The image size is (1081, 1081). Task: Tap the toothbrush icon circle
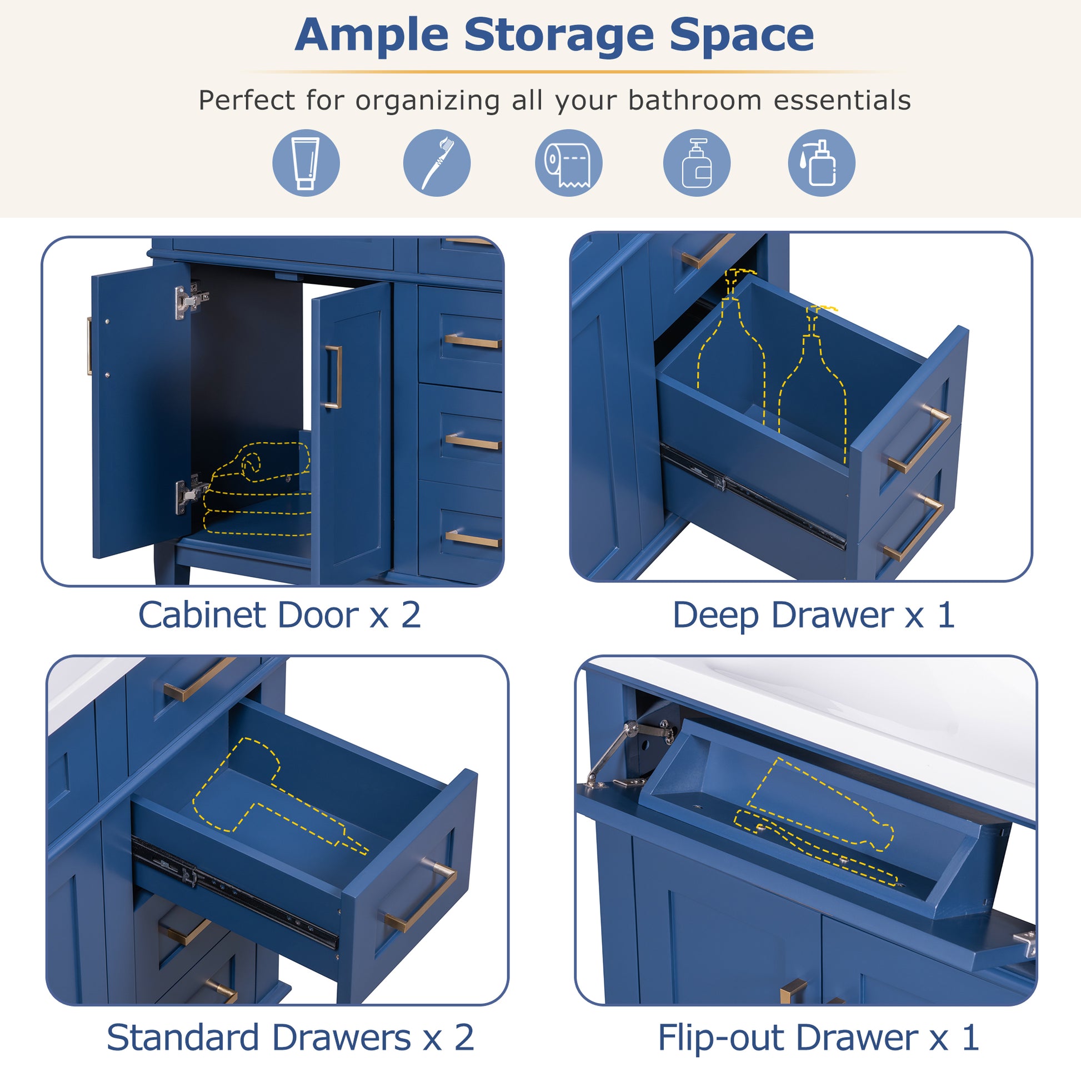click(x=437, y=163)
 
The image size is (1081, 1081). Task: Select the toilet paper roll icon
click(x=568, y=163)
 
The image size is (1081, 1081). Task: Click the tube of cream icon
click(x=306, y=163)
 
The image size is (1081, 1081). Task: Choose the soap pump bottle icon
click(x=696, y=163)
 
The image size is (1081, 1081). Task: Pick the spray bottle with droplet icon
click(x=821, y=163)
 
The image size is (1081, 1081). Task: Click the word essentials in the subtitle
click(x=842, y=101)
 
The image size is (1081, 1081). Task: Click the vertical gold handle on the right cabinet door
click(x=333, y=377)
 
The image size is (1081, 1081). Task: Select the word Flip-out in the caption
click(x=721, y=1038)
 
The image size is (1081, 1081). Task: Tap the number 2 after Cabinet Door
click(x=411, y=615)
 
